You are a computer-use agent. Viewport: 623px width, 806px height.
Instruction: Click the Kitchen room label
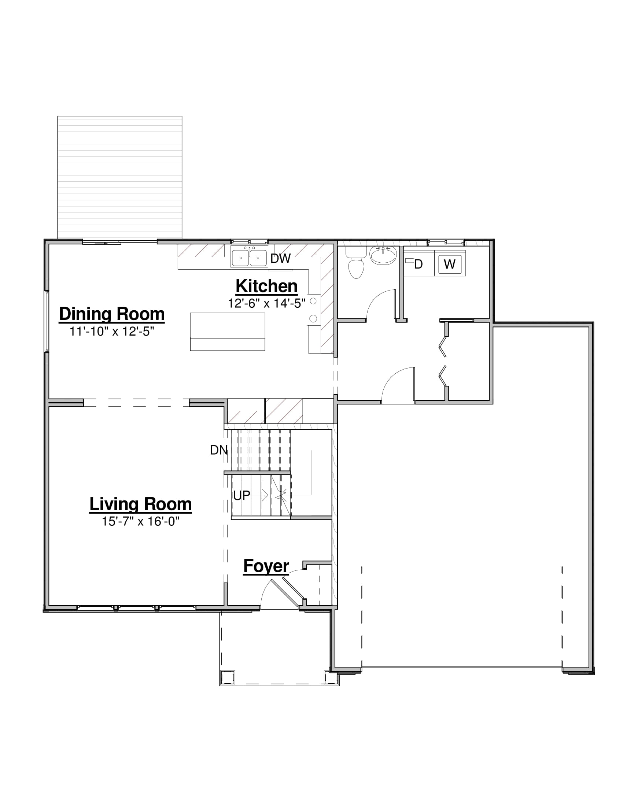266,286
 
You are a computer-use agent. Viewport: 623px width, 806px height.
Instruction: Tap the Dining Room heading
112,314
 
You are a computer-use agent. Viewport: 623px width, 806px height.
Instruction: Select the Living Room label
141,504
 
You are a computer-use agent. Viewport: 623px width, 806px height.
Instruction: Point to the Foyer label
266,566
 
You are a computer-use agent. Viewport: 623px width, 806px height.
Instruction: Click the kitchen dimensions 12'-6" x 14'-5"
266,303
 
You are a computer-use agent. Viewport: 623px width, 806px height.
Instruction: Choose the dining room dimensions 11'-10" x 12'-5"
112,331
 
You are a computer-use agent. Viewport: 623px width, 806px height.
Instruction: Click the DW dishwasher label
280,258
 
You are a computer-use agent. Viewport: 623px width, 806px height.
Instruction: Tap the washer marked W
450,264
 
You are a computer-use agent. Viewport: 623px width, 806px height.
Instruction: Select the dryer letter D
418,264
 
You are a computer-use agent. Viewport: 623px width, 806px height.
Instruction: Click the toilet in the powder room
356,262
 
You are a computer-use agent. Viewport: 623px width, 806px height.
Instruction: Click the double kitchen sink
249,256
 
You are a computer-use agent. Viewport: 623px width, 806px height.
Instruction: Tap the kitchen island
227,332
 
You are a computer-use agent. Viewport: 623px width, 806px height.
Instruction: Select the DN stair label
219,450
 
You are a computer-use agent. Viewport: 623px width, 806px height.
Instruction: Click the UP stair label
242,495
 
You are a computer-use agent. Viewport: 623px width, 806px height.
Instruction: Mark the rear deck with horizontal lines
119,178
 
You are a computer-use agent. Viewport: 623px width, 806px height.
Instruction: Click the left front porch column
227,677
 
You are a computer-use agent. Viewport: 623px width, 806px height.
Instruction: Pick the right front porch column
331,677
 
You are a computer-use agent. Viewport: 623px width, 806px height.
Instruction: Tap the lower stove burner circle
313,318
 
